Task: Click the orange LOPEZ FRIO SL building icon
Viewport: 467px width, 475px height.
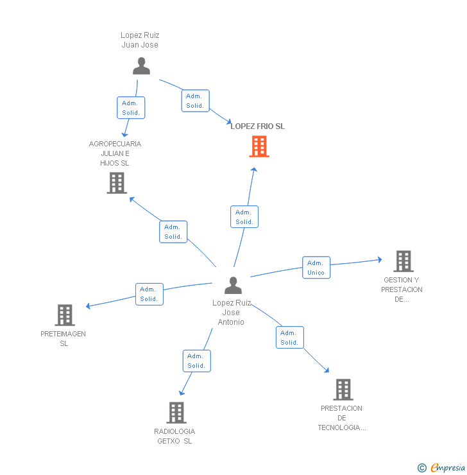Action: tap(259, 146)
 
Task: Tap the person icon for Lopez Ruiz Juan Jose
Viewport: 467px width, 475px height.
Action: tap(141, 66)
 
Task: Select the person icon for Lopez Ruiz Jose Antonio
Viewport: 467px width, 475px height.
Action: tap(234, 286)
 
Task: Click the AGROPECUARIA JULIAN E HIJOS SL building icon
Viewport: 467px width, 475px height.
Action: tap(116, 183)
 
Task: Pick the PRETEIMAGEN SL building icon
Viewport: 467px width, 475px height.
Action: tap(65, 315)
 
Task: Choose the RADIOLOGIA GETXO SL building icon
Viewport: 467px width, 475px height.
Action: tap(176, 413)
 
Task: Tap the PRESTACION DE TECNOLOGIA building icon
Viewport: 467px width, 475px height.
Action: tap(343, 390)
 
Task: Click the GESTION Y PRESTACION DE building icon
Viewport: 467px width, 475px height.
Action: tap(403, 261)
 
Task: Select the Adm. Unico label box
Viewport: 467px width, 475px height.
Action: tap(316, 268)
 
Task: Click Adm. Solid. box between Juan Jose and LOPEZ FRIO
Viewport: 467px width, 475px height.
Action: tap(195, 101)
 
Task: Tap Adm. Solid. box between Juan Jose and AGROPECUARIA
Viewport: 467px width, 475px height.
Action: tap(131, 107)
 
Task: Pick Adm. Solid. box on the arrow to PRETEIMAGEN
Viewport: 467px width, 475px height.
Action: tap(149, 294)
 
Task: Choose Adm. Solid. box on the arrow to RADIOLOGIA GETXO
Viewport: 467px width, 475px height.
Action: tap(196, 361)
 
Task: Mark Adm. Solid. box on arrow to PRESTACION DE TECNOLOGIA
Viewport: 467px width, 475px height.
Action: tap(289, 338)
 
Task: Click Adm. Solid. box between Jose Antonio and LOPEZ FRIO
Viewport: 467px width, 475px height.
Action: tap(244, 217)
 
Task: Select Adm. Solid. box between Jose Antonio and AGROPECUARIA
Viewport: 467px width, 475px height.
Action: tap(173, 232)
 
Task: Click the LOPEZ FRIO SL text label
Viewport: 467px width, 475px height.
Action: tap(258, 126)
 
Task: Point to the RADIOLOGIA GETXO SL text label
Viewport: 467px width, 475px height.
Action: tap(174, 436)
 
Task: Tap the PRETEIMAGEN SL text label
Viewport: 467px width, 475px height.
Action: tap(64, 338)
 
